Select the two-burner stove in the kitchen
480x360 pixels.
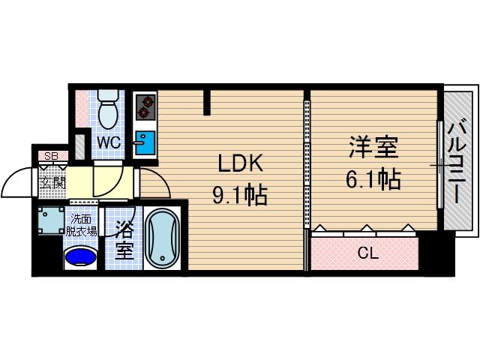pyautogui.click(x=145, y=109)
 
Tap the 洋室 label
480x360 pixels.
pyautogui.click(x=372, y=147)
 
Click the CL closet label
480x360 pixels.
pyautogui.click(x=367, y=253)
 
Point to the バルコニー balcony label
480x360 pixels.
pyautogui.click(x=456, y=163)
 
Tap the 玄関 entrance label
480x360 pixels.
pyautogui.click(x=52, y=182)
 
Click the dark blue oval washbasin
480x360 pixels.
pyautogui.click(x=81, y=258)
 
